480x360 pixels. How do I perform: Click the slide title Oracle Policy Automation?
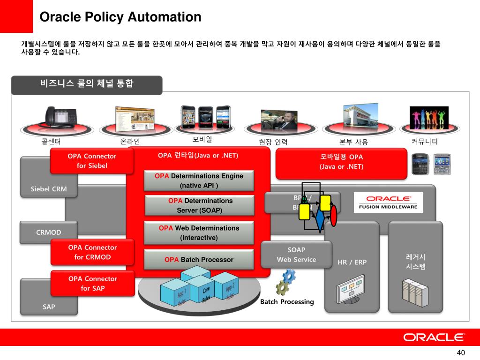tap(120, 17)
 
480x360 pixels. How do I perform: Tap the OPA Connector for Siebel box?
tap(92, 161)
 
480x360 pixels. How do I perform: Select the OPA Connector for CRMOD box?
tap(92, 252)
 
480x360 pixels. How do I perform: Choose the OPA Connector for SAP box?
tap(92, 283)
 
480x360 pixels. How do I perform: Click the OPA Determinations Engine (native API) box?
tap(199, 180)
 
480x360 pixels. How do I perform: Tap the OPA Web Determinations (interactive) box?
tap(199, 232)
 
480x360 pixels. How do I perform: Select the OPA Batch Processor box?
tap(199, 259)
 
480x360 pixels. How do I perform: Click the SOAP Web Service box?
tap(296, 255)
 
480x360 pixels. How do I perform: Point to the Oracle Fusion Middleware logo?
tap(388, 202)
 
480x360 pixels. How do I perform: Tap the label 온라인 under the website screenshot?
tap(130, 141)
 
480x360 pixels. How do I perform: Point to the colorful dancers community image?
tap(429, 118)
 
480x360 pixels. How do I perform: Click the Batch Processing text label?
tap(287, 302)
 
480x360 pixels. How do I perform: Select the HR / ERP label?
tap(352, 262)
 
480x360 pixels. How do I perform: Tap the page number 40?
tap(460, 352)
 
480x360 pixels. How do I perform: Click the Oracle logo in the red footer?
tap(434, 337)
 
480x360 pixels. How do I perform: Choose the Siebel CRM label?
tap(49, 189)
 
